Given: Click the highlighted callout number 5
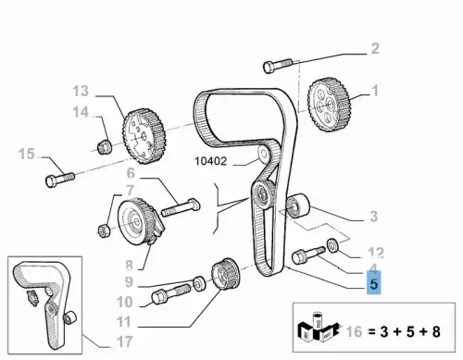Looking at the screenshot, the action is pyautogui.click(x=374, y=283).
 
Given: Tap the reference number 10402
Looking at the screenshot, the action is pyautogui.click(x=211, y=161).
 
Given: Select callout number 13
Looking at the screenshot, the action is pyautogui.click(x=81, y=91).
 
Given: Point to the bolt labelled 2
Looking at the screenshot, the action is pyautogui.click(x=278, y=66).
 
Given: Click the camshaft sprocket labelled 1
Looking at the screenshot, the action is pyautogui.click(x=330, y=104).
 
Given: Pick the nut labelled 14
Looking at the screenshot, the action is pyautogui.click(x=105, y=147).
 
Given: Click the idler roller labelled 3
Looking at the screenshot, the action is pyautogui.click(x=298, y=205).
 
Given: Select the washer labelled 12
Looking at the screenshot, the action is pyautogui.click(x=332, y=245).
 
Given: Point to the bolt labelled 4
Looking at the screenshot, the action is pyautogui.click(x=307, y=255).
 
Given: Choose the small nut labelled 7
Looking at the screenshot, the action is pyautogui.click(x=104, y=230).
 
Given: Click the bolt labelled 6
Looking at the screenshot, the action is pyautogui.click(x=181, y=206).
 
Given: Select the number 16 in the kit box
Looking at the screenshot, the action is pyautogui.click(x=354, y=332).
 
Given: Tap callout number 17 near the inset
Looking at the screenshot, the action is pyautogui.click(x=125, y=341).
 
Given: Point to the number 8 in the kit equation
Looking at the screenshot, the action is pyautogui.click(x=436, y=332).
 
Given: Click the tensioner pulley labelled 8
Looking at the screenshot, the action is pyautogui.click(x=138, y=220).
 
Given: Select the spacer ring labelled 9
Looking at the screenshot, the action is pyautogui.click(x=199, y=283).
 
